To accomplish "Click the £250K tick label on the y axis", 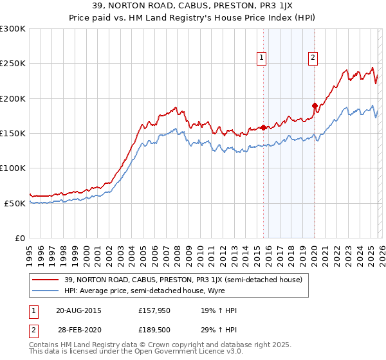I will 13,64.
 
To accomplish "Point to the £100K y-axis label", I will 13,168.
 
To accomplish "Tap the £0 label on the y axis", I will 19,238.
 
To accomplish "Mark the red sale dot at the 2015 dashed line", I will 263,127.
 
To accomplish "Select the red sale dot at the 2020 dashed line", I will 315,105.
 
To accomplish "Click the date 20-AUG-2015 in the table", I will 78,310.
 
